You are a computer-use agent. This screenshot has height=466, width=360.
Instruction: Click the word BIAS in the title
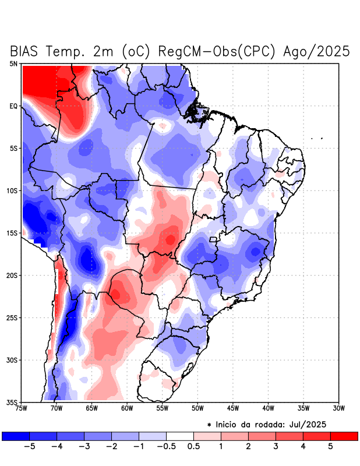pos(30,51)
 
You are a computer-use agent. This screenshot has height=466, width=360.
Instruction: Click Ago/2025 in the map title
pos(316,51)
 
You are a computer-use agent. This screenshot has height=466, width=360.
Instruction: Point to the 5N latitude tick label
pos(13,63)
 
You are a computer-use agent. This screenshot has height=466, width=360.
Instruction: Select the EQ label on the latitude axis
pos(13,106)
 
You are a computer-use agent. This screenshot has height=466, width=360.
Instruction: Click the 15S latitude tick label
pos(12,233)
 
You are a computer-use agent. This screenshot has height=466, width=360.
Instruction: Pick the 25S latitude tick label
pos(12,317)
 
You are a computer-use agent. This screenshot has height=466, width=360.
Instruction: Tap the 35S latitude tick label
pos(12,402)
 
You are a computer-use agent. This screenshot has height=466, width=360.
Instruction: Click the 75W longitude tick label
pos(22,408)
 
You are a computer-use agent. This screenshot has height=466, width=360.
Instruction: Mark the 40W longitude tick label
pos(268,408)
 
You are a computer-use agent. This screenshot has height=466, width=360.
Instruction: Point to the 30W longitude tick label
pos(338,408)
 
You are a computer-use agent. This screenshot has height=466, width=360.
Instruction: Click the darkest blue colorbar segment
pos(16,436)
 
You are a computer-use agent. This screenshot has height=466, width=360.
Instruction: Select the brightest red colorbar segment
pos(344,436)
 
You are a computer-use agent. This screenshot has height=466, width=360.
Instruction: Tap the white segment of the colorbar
pos(180,436)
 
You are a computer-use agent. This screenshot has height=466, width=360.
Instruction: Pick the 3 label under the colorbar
pos(276,447)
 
